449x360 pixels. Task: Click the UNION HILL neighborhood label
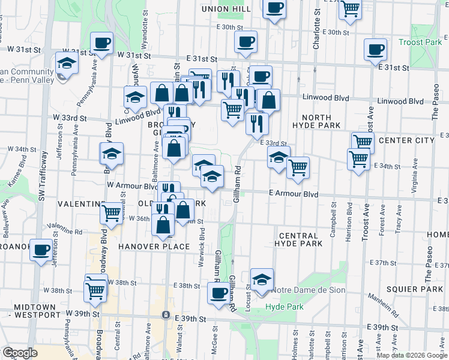226,9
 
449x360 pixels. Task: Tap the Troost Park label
420,43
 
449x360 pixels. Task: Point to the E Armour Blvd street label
294,194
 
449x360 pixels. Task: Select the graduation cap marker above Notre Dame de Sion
262,279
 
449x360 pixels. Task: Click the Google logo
20,353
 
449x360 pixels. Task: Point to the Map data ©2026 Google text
412,355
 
